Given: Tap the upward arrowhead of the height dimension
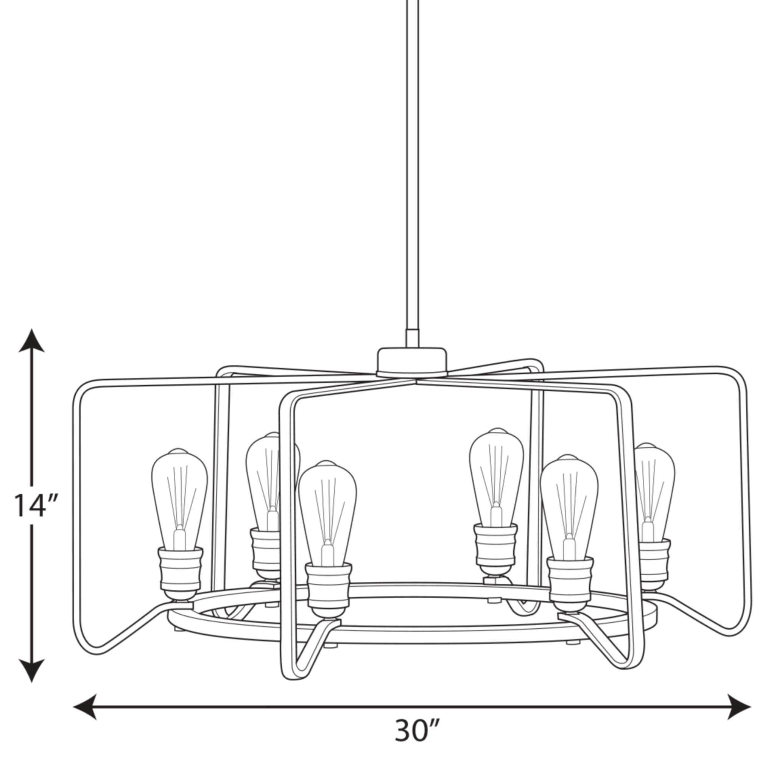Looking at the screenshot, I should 31,341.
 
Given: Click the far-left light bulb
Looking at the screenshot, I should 179,498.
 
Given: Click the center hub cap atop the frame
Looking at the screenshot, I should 411,361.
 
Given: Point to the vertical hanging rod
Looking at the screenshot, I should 411,157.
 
